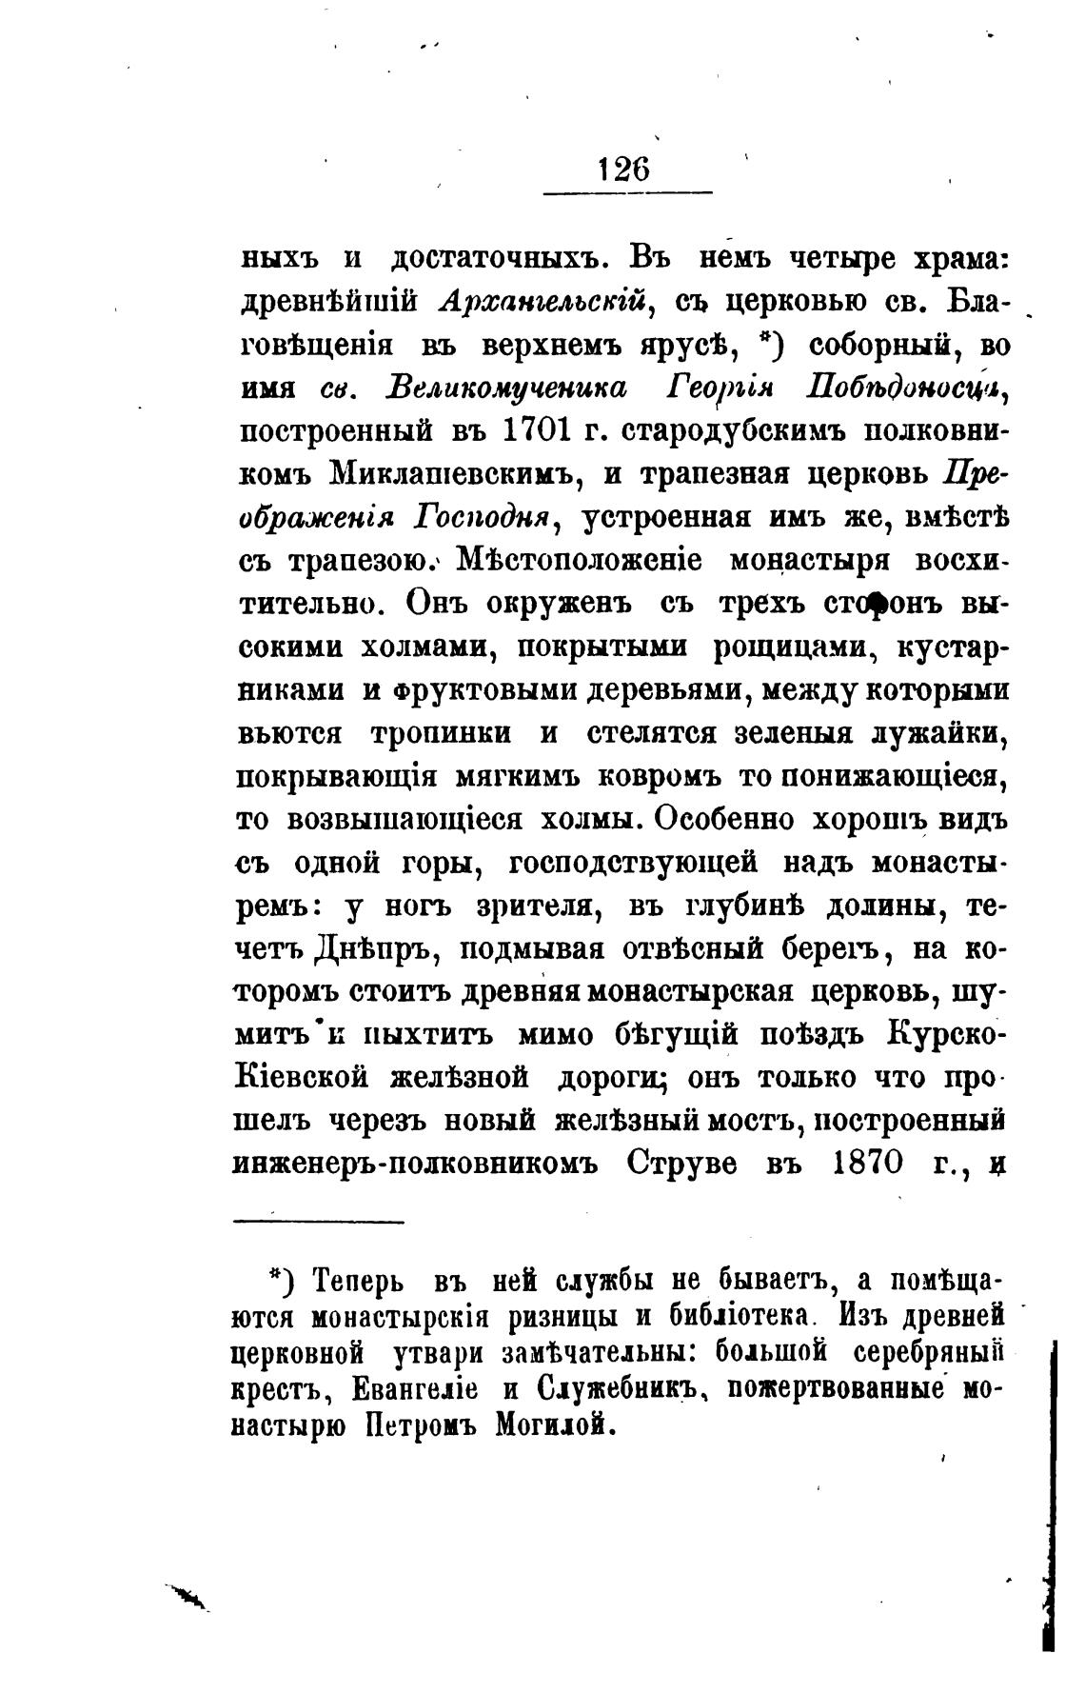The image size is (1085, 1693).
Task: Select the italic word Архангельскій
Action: tap(546, 302)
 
